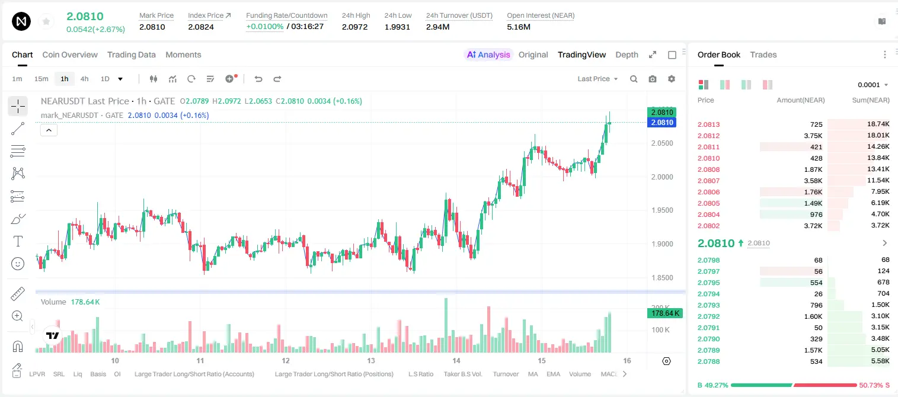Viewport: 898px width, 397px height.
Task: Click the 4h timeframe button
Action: [x=84, y=79]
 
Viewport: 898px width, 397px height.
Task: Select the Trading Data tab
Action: [x=131, y=55]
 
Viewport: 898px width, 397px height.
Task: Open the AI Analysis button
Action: [x=488, y=55]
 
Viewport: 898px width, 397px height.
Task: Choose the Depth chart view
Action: [x=627, y=55]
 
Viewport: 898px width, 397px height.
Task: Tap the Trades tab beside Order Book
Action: [x=763, y=55]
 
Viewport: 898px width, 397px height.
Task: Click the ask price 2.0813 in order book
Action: [x=708, y=124]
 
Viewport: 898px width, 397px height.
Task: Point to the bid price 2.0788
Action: [x=708, y=361]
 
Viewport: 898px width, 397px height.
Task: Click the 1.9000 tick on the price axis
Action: [x=662, y=244]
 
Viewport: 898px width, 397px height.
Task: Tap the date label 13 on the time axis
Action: [x=371, y=360]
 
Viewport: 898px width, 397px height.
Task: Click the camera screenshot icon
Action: [x=652, y=79]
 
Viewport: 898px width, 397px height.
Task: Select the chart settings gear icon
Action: [x=672, y=79]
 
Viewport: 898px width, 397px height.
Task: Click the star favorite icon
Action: [x=46, y=21]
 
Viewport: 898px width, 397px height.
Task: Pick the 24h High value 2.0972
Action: [x=354, y=27]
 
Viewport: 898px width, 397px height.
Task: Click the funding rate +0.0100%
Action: [x=264, y=27]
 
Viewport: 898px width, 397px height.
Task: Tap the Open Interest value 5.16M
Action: [x=519, y=27]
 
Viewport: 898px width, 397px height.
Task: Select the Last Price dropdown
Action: [x=597, y=79]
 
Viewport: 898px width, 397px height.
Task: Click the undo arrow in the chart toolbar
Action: [x=258, y=79]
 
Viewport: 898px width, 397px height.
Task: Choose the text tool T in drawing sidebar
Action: [x=18, y=241]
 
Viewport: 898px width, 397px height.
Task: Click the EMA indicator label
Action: [x=553, y=374]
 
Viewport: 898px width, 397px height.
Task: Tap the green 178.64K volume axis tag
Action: [x=664, y=313]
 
